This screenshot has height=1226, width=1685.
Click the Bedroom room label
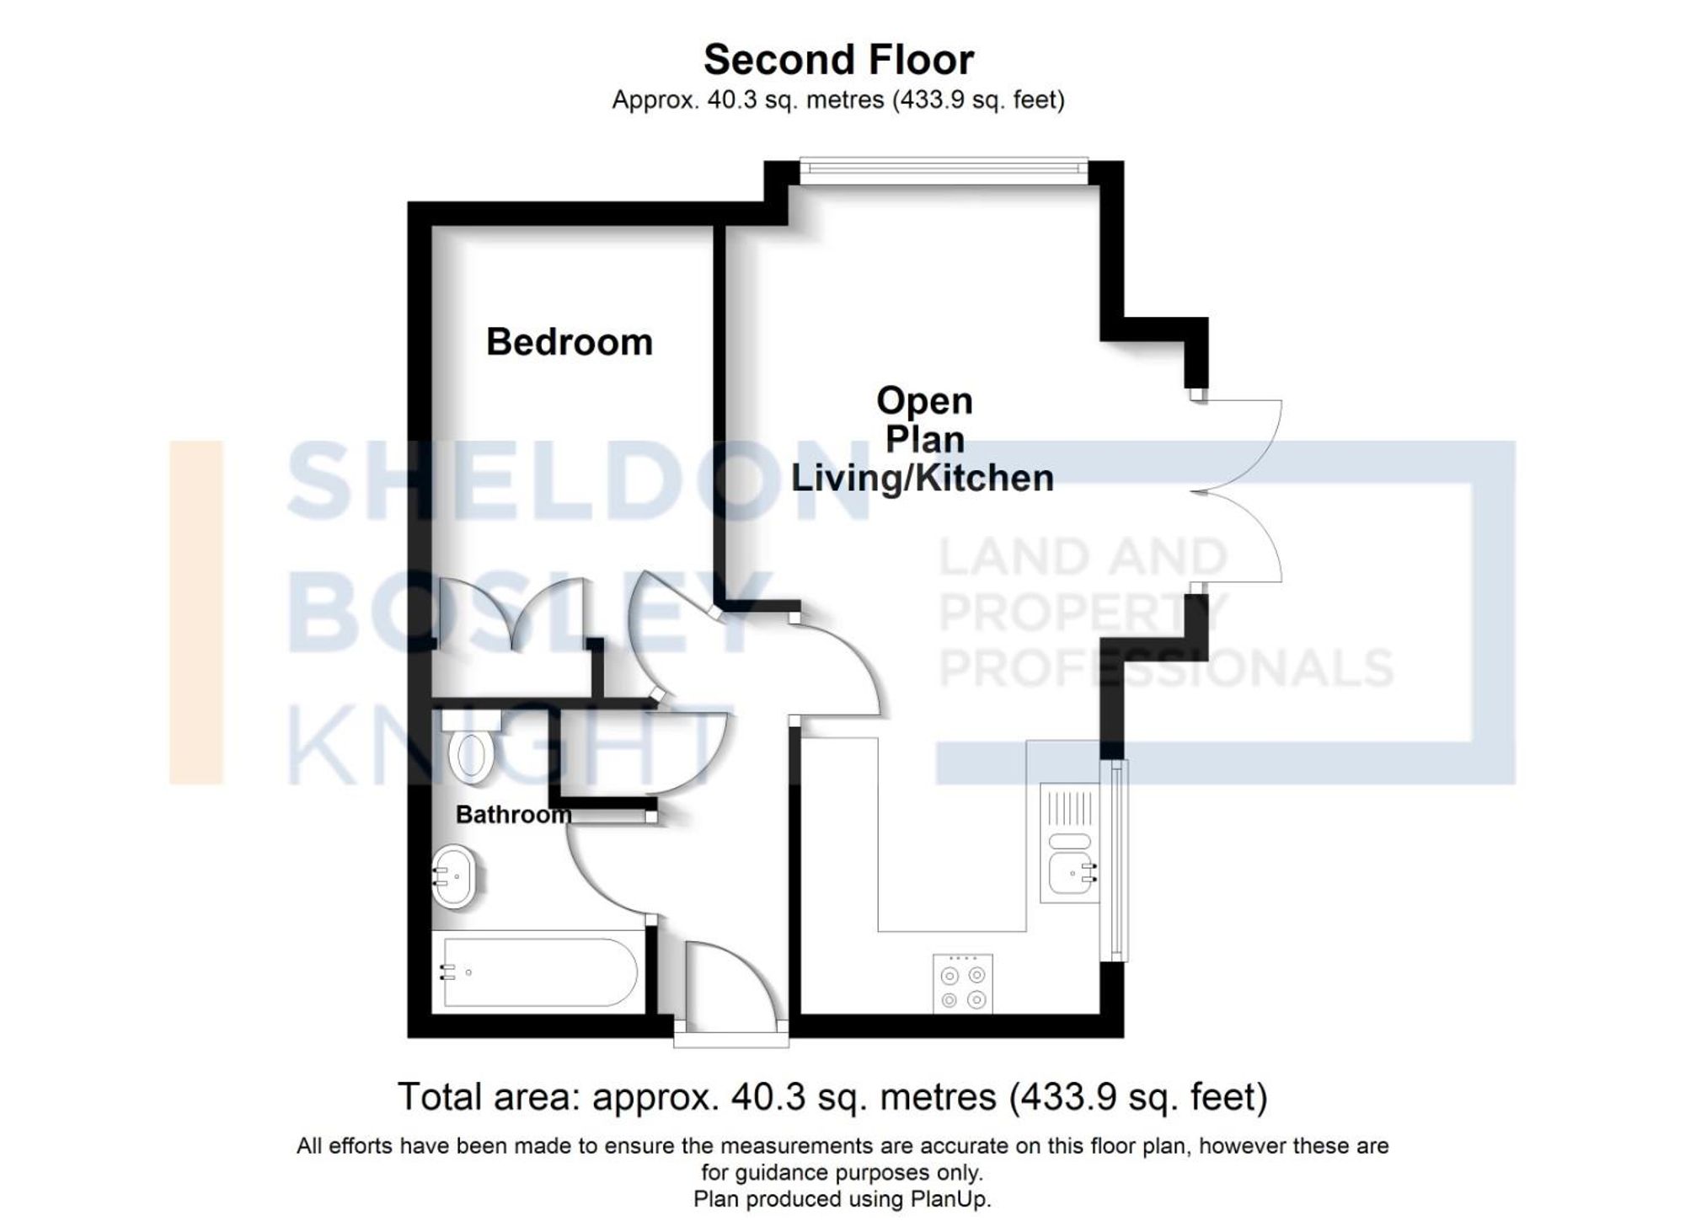click(570, 342)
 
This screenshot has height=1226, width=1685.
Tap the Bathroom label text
click(513, 815)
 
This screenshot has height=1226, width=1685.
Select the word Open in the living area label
click(924, 400)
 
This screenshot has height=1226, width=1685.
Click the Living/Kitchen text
click(923, 478)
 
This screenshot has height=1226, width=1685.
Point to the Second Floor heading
click(838, 60)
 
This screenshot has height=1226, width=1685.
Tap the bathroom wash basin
click(455, 876)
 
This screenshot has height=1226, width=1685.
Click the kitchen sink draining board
click(1070, 806)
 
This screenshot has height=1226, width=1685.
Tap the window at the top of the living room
click(944, 170)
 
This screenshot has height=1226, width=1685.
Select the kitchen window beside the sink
click(1116, 859)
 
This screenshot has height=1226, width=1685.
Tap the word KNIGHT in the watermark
click(501, 746)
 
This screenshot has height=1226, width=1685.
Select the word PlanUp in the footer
click(949, 1200)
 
